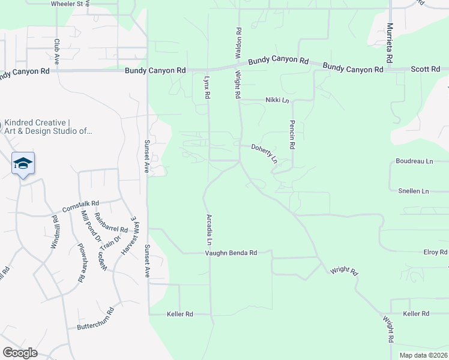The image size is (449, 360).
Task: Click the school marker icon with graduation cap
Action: [x=23, y=164]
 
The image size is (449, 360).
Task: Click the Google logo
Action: [x=20, y=353]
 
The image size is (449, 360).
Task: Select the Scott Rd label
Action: [x=426, y=70]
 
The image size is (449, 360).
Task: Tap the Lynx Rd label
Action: [x=206, y=88]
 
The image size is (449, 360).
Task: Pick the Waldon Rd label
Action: [x=238, y=40]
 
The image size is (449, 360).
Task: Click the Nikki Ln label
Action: [x=277, y=101]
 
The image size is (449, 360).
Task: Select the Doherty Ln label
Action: [x=265, y=153]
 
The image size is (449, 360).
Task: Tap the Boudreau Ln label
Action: [x=414, y=161]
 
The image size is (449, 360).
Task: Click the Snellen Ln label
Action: [x=414, y=191]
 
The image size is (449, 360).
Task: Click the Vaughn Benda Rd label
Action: [x=231, y=253]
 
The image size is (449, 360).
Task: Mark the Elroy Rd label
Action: [x=435, y=253]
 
